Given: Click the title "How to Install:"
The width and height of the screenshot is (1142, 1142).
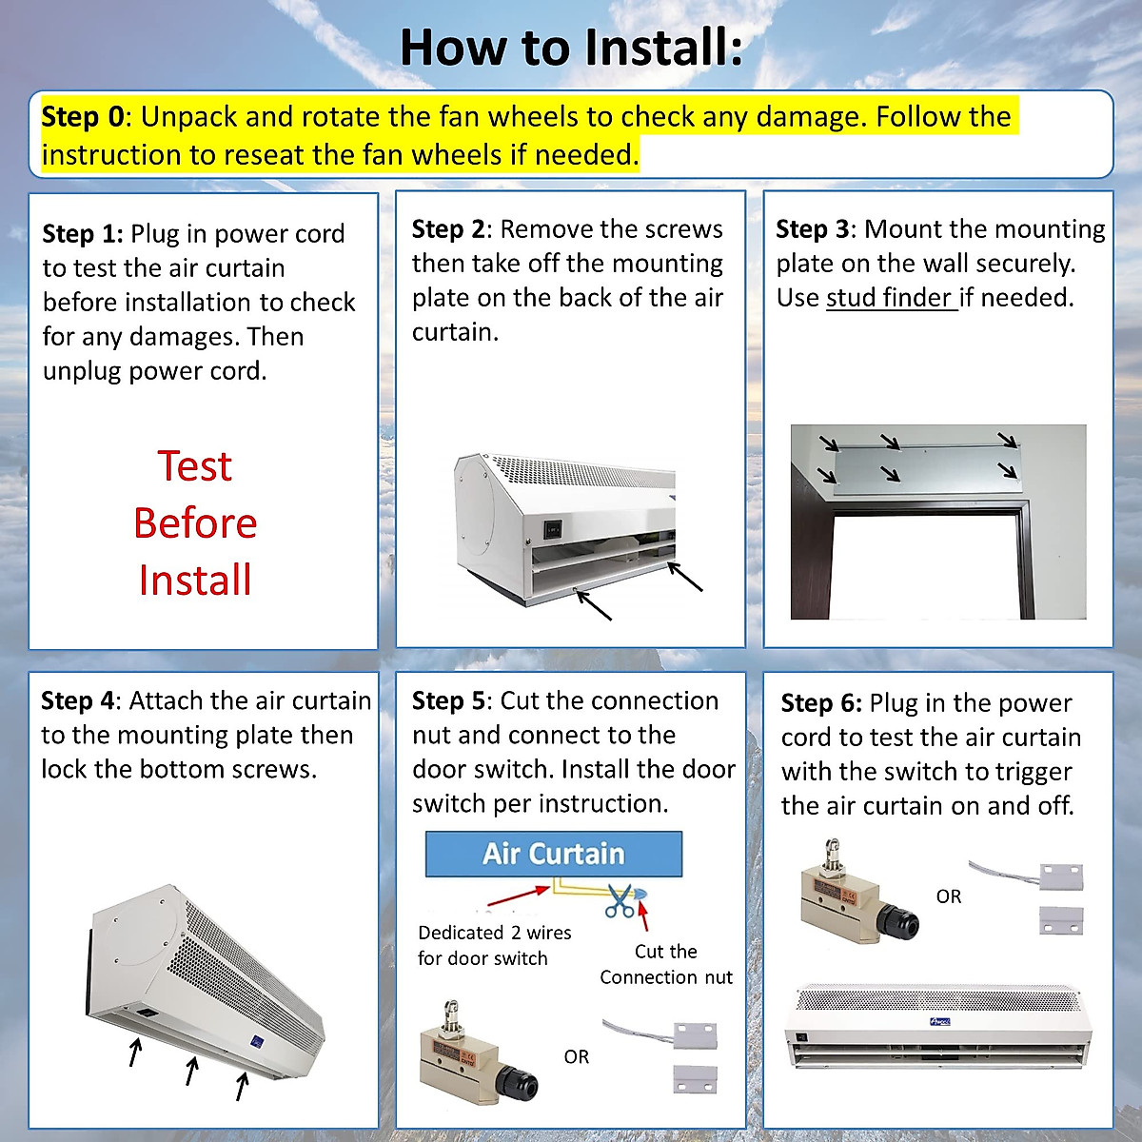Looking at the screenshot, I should point(571,48).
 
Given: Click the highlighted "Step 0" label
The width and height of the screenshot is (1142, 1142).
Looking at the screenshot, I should point(82,117).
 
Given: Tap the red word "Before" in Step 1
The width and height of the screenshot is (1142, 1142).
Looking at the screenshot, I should point(195,523).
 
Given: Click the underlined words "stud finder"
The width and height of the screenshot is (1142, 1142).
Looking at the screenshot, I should point(890,298).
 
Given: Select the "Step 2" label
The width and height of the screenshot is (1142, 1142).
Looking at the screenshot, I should point(448,229).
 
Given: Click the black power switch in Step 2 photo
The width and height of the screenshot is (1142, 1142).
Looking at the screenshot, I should point(552,526).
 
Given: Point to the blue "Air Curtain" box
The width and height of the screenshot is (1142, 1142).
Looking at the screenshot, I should point(553,854).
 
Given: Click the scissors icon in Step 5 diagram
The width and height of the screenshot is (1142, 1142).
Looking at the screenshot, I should point(620,899).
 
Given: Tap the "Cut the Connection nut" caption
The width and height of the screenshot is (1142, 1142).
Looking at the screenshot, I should point(666,964).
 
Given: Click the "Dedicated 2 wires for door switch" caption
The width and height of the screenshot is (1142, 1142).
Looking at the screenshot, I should point(494,945).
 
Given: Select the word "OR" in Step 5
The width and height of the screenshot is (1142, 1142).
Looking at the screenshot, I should point(576,1056).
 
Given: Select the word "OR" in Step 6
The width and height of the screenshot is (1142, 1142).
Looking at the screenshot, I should point(948,896).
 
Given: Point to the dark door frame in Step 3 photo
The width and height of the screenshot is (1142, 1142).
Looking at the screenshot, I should point(1026,561).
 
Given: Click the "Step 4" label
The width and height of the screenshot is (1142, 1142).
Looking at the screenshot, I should point(77,701).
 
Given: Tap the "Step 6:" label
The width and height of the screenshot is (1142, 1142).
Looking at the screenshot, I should point(820,703).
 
